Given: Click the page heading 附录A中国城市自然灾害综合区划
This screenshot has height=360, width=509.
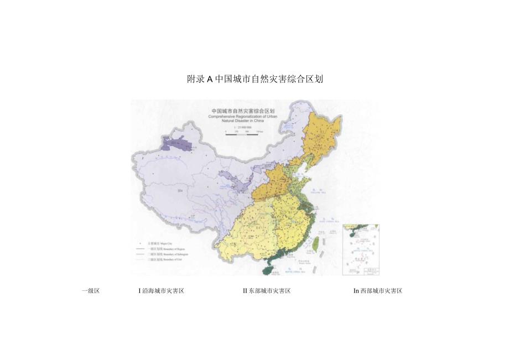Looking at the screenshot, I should click(x=254, y=79).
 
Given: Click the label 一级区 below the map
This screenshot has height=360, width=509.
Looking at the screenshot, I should click(x=90, y=291).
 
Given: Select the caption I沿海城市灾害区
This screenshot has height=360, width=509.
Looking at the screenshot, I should click(x=162, y=291).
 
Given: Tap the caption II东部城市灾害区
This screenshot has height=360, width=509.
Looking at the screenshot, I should click(x=267, y=291).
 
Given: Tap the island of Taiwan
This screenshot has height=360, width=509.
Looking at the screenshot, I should click(x=316, y=242).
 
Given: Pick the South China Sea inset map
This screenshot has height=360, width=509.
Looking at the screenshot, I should click(x=361, y=249).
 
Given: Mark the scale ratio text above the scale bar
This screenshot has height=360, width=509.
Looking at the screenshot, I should click(x=242, y=127).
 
